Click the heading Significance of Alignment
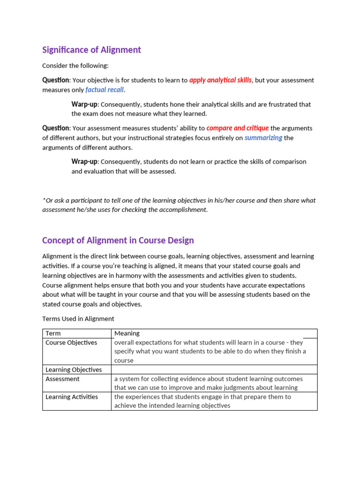tap(91, 50)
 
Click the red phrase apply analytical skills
tap(220, 80)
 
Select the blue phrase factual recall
tap(105, 90)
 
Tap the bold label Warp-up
tap(84, 104)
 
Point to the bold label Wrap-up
tap(84, 162)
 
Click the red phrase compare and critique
tap(237, 128)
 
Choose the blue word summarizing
tap(263, 138)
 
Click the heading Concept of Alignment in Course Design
tap(118, 240)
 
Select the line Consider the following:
tap(75, 66)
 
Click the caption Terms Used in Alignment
tap(78, 319)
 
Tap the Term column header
tap(53, 333)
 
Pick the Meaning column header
tap(127, 333)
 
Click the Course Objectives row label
tap(71, 343)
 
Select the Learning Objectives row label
tap(74, 370)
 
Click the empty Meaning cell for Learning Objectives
tap(214, 370)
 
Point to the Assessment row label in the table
tap(62, 379)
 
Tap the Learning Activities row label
tap(72, 397)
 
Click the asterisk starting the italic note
tap(44, 200)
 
